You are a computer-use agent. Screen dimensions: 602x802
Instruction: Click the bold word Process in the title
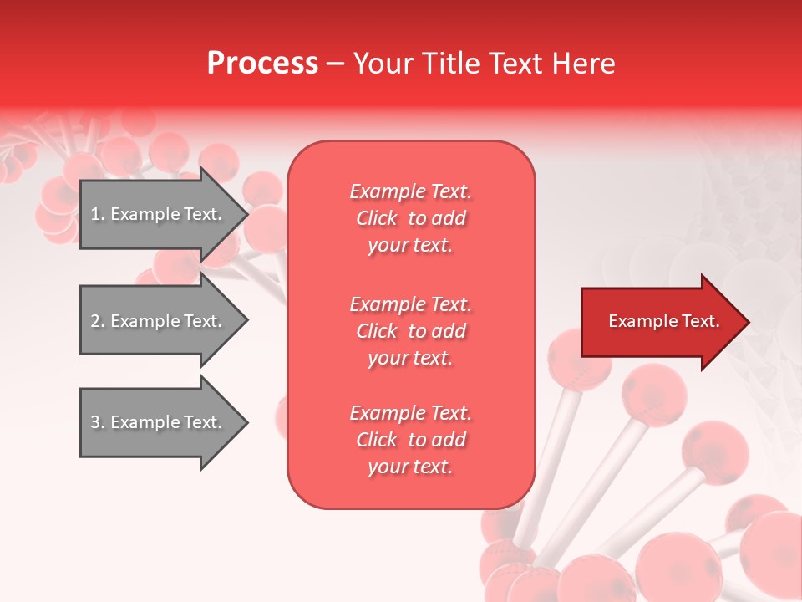tap(262, 64)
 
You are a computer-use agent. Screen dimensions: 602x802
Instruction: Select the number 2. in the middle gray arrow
tap(98, 321)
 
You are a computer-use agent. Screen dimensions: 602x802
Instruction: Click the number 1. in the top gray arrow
tap(98, 214)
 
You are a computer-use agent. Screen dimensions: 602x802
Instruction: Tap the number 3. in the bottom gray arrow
tap(98, 422)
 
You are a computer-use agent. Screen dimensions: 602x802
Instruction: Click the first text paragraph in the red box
tap(410, 218)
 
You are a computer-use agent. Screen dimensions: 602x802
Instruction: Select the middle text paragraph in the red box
tap(410, 331)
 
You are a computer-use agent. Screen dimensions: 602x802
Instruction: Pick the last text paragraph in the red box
tap(410, 440)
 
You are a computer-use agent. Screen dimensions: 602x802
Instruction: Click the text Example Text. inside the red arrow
tap(663, 321)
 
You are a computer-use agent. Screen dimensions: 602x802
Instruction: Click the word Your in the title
tap(380, 64)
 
